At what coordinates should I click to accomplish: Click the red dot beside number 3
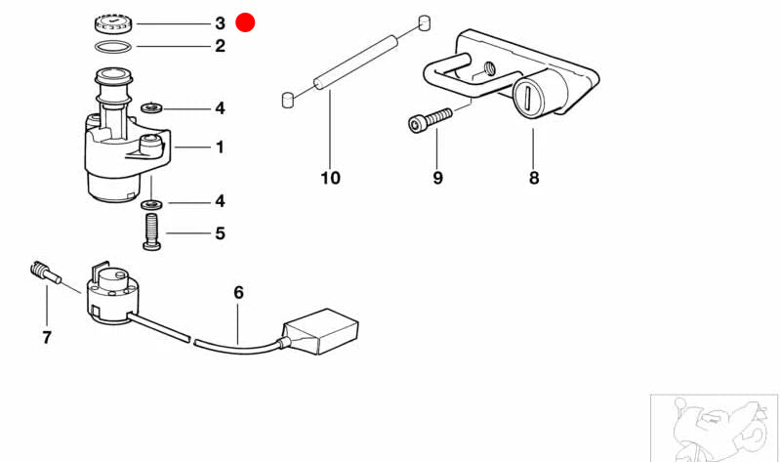(x=245, y=22)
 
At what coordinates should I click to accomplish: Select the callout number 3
(x=220, y=23)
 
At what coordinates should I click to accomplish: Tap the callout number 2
(x=220, y=46)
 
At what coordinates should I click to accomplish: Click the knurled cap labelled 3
(x=114, y=23)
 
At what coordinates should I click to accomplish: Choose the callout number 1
(x=220, y=147)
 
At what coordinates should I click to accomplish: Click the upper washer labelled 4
(x=151, y=107)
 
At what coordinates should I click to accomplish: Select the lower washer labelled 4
(x=151, y=203)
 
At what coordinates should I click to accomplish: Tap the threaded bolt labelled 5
(x=151, y=231)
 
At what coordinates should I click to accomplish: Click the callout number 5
(x=220, y=233)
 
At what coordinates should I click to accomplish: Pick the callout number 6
(x=239, y=293)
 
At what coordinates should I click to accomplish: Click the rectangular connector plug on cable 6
(x=321, y=331)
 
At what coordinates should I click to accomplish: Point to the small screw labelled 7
(x=45, y=273)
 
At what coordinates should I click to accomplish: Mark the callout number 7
(x=47, y=338)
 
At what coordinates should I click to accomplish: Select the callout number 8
(x=534, y=178)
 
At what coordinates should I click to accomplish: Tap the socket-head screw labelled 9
(x=431, y=120)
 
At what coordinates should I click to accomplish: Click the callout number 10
(x=330, y=178)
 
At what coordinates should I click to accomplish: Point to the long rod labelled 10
(x=355, y=63)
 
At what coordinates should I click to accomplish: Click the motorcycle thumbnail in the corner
(x=715, y=428)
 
